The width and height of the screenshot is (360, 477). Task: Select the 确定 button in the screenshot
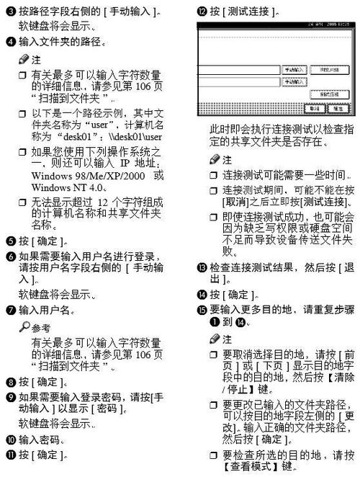[x=336, y=108]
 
